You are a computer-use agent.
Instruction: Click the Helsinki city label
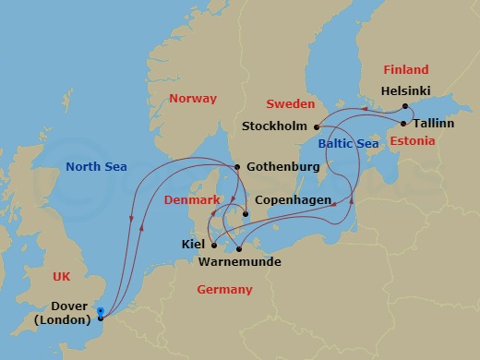coord(407,92)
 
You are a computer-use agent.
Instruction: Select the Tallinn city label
coord(433,122)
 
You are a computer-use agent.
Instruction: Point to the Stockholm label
coord(274,126)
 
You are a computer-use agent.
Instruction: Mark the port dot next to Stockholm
coord(316,126)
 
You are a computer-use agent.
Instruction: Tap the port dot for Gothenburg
coord(237,167)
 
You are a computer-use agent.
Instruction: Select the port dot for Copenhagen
coord(246,216)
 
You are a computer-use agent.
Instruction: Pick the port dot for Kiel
coord(213,245)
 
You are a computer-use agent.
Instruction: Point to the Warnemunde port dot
coord(238,248)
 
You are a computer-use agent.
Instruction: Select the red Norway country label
coord(195,99)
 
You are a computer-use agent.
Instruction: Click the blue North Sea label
coord(96,167)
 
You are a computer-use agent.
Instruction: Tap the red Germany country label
coord(224,290)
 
